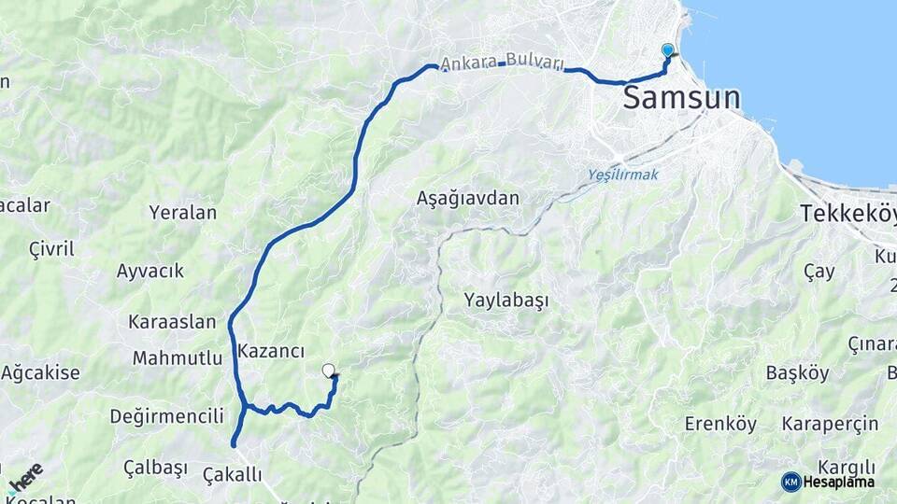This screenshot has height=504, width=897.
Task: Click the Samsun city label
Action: click(681, 97)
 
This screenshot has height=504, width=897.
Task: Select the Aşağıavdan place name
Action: click(467, 198)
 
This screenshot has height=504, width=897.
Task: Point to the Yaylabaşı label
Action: click(505, 301)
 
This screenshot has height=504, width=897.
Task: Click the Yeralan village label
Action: click(182, 213)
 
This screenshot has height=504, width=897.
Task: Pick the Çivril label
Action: click(51, 249)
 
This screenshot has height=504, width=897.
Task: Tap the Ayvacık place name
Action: click(150, 272)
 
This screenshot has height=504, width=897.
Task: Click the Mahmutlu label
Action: click(178, 357)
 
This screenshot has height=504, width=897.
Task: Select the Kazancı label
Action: click(272, 352)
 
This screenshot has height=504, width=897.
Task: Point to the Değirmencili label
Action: click(166, 416)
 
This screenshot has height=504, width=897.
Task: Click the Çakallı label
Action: click(233, 475)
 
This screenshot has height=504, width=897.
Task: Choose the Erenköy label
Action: click(720, 424)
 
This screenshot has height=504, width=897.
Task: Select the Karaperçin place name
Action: click(830, 424)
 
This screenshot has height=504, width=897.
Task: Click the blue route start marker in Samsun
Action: click(667, 49)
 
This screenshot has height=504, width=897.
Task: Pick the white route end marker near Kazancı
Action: click(328, 371)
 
